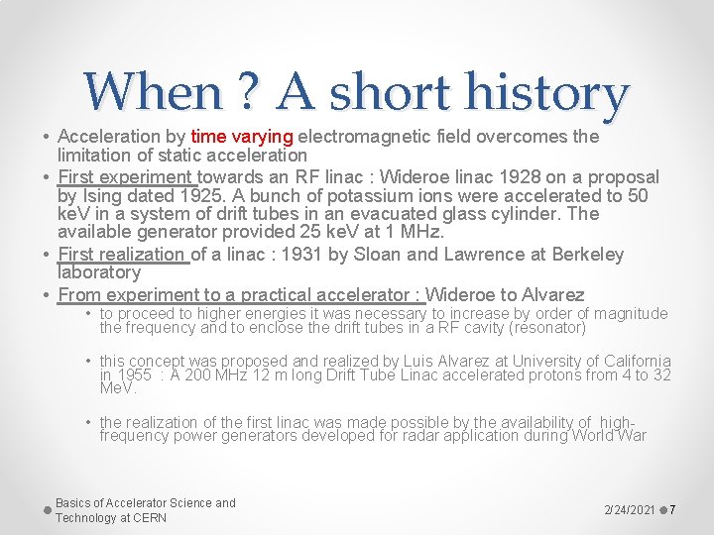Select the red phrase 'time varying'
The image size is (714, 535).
click(242, 136)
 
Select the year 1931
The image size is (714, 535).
click(301, 255)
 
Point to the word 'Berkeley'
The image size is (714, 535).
click(587, 255)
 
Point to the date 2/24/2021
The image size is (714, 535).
click(630, 510)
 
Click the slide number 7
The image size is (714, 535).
click(672, 510)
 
